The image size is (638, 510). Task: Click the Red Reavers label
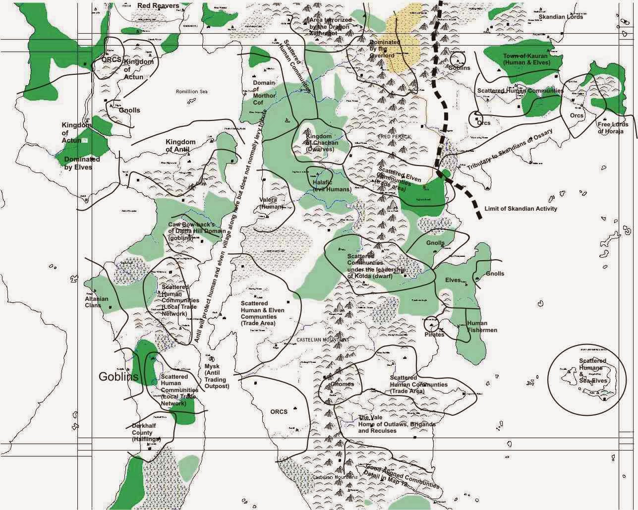[158, 5]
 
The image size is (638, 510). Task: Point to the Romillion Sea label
[192, 92]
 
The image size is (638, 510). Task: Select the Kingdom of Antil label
[180, 146]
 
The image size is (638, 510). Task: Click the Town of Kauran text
[525, 59]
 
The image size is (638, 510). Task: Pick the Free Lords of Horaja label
[610, 128]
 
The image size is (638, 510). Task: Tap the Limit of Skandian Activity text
[521, 209]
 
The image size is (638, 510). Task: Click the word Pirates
[434, 334]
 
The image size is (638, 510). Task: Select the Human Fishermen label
[482, 327]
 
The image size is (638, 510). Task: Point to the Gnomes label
[342, 384]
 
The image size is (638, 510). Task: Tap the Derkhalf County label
[146, 432]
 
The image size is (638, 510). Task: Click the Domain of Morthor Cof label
[264, 93]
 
